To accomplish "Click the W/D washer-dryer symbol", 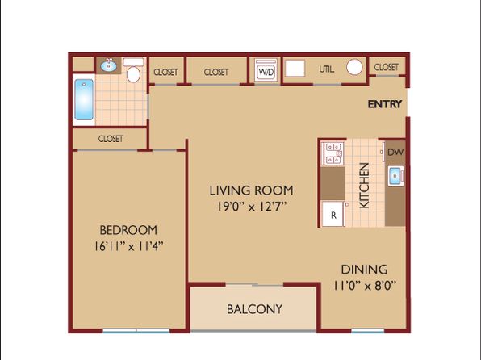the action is tap(266, 70).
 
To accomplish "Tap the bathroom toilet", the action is tap(133, 70).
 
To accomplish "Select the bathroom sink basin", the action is tap(109, 65).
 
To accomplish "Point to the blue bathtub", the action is tap(84, 99).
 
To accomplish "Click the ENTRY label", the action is tap(385, 104).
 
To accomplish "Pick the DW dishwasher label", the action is tap(395, 152).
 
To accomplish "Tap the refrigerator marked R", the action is tap(333, 214).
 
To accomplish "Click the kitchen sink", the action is tap(395, 176).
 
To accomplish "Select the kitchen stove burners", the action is tap(333, 153).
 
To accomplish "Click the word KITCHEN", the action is tap(364, 186).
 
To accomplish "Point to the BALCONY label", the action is tap(254, 309).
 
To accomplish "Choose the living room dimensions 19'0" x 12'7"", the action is tap(252, 207).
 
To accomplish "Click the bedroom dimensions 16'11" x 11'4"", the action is tap(128, 246).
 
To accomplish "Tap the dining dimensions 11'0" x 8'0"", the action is tap(365, 286).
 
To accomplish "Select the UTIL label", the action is tap(326, 69).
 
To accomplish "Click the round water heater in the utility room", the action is tap(354, 67).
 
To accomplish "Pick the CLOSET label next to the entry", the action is tap(387, 67).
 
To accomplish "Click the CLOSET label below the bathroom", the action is tap(111, 139).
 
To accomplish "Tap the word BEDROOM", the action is tap(128, 230).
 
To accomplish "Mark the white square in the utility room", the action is tap(295, 68).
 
